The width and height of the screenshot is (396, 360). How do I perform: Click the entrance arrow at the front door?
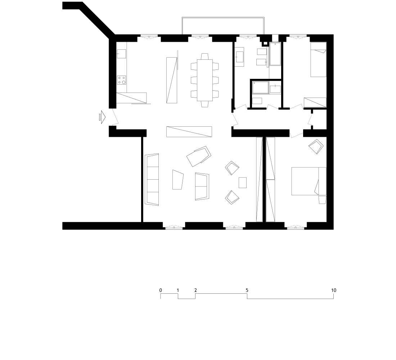pos(102,117)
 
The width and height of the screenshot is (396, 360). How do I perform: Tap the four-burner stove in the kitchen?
pos(121,80)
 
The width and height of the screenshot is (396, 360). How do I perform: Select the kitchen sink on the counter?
pos(121,54)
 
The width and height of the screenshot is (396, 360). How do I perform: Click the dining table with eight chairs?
pos(204,80)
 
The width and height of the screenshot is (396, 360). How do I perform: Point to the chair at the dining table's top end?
pos(204,56)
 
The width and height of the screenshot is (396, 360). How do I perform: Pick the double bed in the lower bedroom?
pos(309,181)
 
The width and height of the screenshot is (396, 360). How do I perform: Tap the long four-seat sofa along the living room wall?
pos(152,179)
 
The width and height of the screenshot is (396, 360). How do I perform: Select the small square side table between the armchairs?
pos(243,183)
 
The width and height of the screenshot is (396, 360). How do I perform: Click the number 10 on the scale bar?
pos(334,290)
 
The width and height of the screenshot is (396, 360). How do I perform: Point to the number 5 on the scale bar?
pos(247,290)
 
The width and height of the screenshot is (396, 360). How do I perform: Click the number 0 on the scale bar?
pos(161,290)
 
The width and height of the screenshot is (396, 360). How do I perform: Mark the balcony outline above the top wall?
pos(223,17)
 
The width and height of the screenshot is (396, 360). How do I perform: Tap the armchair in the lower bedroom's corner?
pos(316,146)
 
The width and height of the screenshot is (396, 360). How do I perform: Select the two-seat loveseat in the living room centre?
pos(202,186)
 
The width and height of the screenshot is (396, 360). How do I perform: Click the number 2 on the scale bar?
pos(195,290)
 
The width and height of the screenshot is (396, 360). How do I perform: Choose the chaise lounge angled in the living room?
pos(199,156)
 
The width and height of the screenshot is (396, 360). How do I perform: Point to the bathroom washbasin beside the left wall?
pos(239,57)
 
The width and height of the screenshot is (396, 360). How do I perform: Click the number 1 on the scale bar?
pos(178,290)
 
